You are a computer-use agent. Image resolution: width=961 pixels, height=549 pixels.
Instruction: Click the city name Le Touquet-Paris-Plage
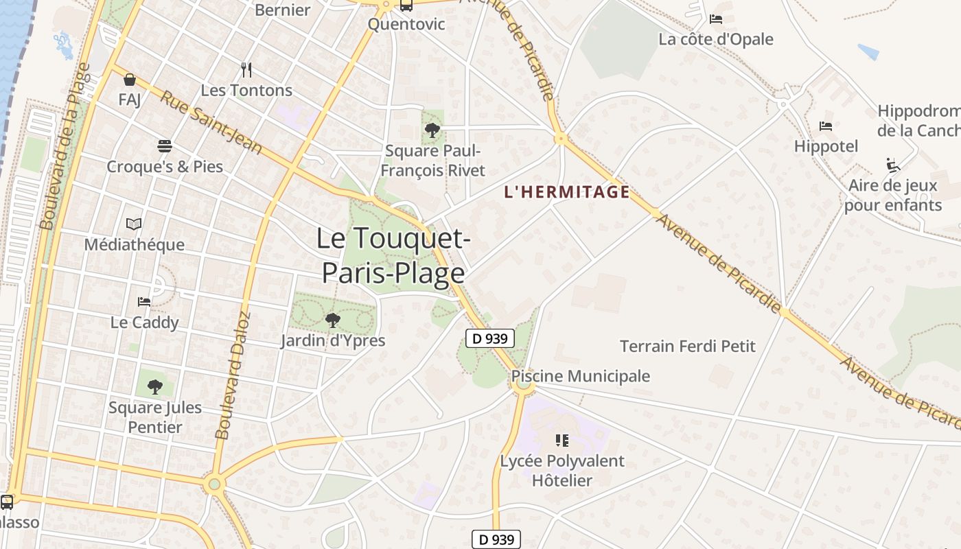pyautogui.click(x=393, y=255)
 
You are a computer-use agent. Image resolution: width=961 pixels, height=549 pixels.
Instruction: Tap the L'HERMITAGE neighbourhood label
pyautogui.click(x=567, y=191)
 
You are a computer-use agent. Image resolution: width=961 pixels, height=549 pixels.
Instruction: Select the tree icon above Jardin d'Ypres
pyautogui.click(x=332, y=320)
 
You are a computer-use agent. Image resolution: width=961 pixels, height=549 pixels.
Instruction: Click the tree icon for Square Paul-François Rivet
pyautogui.click(x=432, y=130)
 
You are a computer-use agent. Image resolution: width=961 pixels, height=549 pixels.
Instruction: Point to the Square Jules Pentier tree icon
pyautogui.click(x=155, y=386)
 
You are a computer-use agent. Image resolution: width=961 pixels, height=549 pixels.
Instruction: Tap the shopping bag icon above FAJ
pyautogui.click(x=129, y=80)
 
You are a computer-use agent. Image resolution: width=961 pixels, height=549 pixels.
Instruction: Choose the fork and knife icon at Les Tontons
pyautogui.click(x=246, y=70)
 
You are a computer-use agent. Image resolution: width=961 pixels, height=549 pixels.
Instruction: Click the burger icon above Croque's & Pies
pyautogui.click(x=164, y=145)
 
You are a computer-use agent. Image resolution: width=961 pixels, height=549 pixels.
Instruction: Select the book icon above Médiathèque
pyautogui.click(x=134, y=224)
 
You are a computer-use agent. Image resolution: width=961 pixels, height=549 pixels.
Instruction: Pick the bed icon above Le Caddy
pyautogui.click(x=144, y=302)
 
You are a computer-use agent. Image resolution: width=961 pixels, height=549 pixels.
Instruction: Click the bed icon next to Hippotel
pyautogui.click(x=826, y=126)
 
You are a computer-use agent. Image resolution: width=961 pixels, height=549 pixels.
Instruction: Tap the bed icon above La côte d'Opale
pyautogui.click(x=716, y=19)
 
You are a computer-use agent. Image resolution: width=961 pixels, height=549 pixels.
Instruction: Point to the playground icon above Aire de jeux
pyautogui.click(x=892, y=165)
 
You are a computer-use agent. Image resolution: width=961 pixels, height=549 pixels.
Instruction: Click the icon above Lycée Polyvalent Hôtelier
pyautogui.click(x=562, y=440)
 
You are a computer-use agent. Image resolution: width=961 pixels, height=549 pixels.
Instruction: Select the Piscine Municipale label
pyautogui.click(x=580, y=376)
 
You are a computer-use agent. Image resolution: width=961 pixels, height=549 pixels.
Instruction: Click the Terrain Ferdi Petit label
pyautogui.click(x=687, y=346)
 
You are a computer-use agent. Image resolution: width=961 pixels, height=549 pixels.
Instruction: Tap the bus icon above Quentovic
pyautogui.click(x=406, y=5)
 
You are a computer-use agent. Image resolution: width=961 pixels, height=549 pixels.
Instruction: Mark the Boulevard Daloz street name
pyautogui.click(x=233, y=376)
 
